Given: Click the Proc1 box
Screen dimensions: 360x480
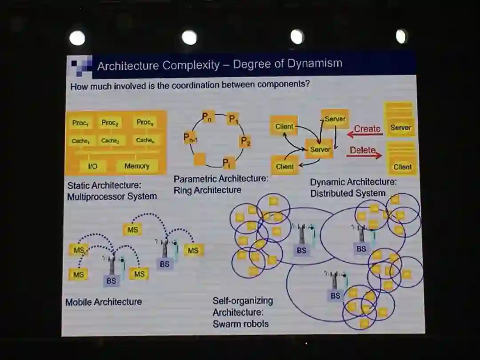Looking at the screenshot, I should coord(81,123).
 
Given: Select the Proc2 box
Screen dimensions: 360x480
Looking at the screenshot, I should coord(110,123).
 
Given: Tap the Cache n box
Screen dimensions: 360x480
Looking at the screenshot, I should coord(145,140).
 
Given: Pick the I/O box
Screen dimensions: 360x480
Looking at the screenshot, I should coord(93,166).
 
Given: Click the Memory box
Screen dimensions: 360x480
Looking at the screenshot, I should coord(137,166).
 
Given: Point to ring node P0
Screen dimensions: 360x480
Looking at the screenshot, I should coord(208,117).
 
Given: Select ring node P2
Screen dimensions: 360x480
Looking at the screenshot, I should coord(245,142).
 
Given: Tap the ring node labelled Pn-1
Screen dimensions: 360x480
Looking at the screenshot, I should coord(191,138).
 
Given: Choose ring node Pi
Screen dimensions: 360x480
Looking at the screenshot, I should coord(227,163).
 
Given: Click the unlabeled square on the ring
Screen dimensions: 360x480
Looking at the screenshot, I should coord(200,159).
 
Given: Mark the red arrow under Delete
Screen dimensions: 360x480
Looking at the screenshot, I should coord(364,156).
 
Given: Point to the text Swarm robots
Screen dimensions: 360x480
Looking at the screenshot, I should coord(240,324).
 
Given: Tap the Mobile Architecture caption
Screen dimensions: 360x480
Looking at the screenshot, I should coord(104,302).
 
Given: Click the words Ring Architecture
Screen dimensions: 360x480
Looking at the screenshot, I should coord(208,190).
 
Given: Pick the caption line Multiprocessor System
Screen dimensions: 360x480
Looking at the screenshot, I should coord(112,196).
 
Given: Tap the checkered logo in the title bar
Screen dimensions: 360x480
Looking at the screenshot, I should coord(81,66).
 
